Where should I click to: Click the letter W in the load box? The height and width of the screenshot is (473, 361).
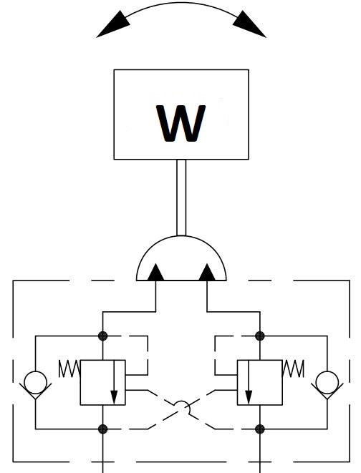[180, 123]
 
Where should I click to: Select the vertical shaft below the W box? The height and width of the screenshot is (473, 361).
[181, 198]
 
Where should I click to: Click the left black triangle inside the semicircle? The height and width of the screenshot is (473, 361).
[155, 273]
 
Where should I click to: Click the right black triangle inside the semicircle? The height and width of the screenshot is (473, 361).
[207, 273]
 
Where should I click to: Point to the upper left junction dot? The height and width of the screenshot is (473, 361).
[103, 336]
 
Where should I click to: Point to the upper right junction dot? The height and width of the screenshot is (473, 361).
[260, 336]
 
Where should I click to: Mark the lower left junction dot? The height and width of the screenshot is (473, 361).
[103, 429]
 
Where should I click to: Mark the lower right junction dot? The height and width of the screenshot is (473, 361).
[260, 429]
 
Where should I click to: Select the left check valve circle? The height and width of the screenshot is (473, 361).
[36, 383]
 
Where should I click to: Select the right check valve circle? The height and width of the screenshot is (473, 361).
[327, 383]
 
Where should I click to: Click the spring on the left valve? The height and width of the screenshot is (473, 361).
[69, 369]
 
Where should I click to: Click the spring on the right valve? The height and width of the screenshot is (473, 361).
[293, 369]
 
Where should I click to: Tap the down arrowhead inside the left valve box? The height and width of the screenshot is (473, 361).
[114, 397]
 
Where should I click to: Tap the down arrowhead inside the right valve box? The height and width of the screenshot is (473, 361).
[249, 397]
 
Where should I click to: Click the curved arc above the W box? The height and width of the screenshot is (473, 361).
[181, 3]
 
